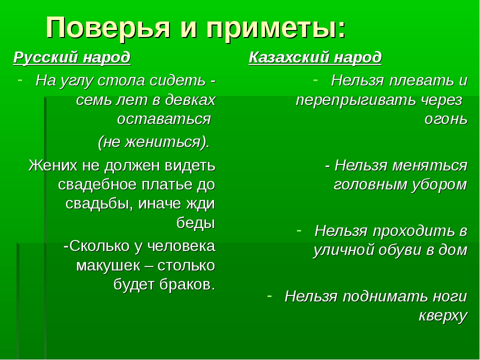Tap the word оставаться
point(164,119)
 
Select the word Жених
point(53,165)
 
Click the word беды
point(195,223)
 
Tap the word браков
point(187,284)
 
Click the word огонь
point(445,119)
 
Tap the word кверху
point(443,316)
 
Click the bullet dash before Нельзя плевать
point(315,80)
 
